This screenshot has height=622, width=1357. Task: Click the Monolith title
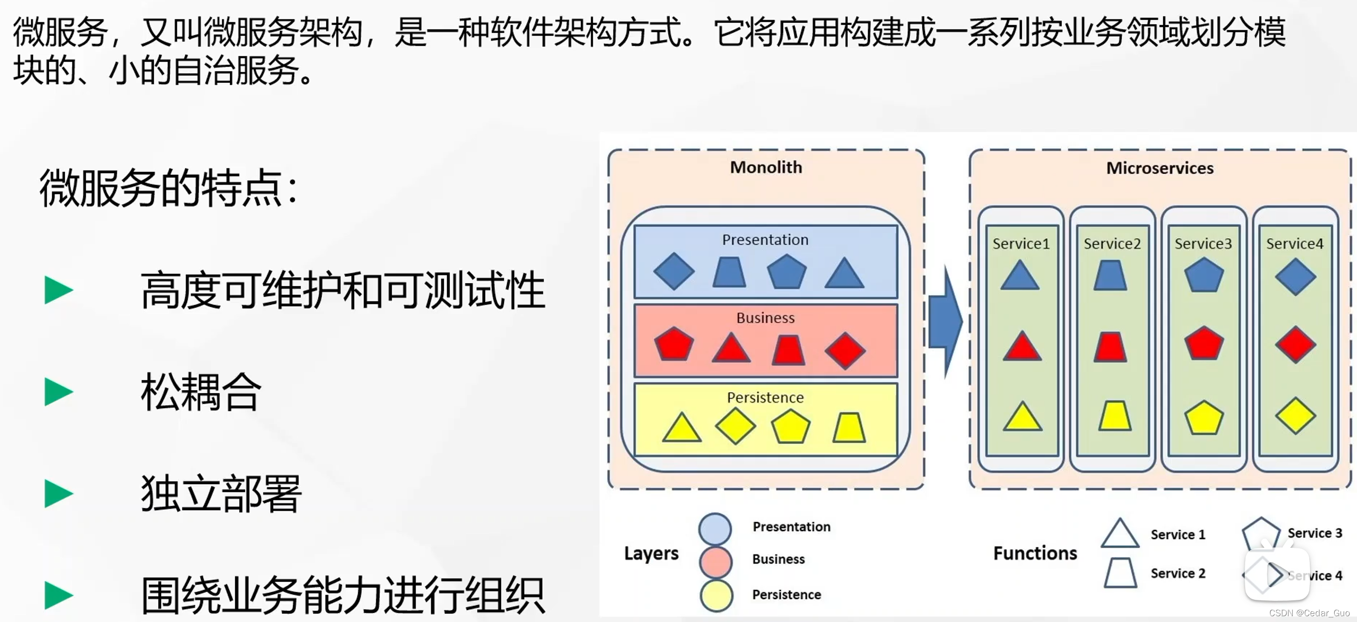tap(766, 167)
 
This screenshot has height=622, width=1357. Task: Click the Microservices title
tap(1159, 168)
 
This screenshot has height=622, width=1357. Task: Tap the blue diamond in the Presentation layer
tap(674, 271)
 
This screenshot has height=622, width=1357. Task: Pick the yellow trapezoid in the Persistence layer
tap(849, 427)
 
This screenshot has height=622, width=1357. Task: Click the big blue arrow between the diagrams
tap(946, 321)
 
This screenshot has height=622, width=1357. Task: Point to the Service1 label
tap(1021, 244)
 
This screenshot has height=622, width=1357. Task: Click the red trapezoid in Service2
tap(1111, 347)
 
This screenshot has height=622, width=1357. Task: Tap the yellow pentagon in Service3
tap(1204, 418)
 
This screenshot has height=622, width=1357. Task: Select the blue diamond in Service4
tap(1295, 277)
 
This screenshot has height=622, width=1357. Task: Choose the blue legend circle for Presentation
tap(715, 528)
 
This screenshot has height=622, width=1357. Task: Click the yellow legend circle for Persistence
tap(716, 595)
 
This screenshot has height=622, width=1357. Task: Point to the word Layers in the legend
tap(651, 554)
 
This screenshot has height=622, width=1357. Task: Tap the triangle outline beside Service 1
tap(1120, 535)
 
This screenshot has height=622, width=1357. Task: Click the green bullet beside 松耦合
tap(58, 392)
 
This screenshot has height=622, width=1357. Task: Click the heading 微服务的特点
tap(169, 188)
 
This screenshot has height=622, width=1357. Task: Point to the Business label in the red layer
tap(765, 318)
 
